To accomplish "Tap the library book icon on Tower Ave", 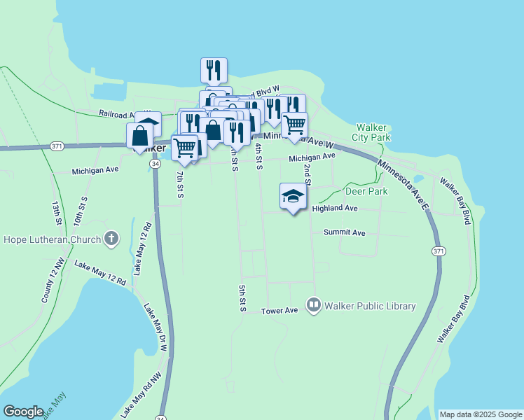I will coord(313,305).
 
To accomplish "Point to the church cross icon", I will coord(111,239).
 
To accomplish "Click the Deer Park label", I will coord(366,191).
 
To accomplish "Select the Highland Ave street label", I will coord(335,209).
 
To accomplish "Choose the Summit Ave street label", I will coord(345,232).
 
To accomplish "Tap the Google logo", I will coord(23,412).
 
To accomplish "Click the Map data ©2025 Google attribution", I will coord(480,414).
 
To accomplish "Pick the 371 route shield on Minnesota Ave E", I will coord(439,251).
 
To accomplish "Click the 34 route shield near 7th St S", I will coord(156,163).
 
